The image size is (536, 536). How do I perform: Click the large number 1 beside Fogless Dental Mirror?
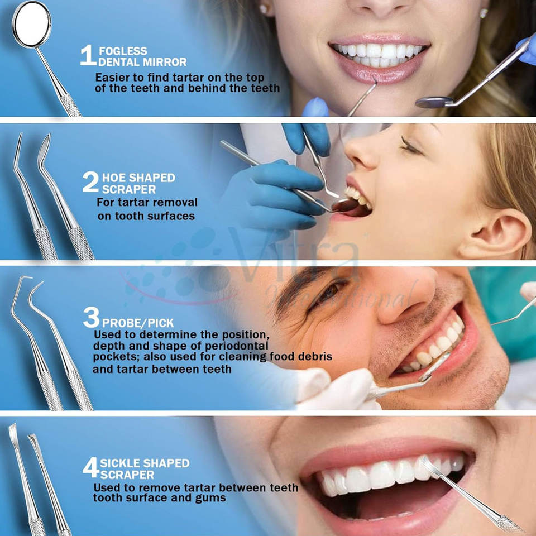(88, 55)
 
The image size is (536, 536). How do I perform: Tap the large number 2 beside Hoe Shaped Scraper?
(90, 182)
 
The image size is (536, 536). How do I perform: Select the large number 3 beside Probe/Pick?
(91, 317)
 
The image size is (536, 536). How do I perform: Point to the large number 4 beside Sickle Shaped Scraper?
(91, 467)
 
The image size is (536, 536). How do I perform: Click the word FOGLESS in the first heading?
(123, 51)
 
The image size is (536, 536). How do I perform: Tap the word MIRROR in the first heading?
(165, 62)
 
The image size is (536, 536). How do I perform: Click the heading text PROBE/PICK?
(138, 323)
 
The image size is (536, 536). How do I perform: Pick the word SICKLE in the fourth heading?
(120, 463)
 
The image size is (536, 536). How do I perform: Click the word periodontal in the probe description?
(237, 346)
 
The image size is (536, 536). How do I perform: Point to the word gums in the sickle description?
(210, 499)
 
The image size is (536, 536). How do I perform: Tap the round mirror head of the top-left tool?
(31, 25)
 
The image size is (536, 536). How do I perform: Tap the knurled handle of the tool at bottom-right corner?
(509, 524)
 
